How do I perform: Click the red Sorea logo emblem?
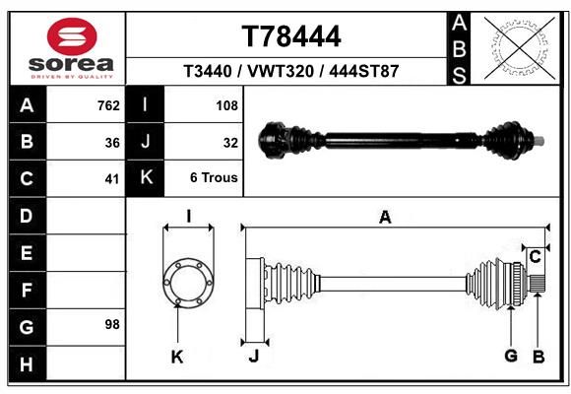[x=72, y=36]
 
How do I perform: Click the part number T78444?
[x=291, y=36]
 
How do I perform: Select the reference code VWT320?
[x=281, y=71]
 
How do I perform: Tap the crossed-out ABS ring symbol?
[x=521, y=47]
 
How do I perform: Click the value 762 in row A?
[x=108, y=105]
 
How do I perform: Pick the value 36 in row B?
[x=112, y=143]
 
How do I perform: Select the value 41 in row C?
[x=112, y=179]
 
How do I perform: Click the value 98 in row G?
[x=112, y=324]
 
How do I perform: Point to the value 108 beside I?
[x=226, y=105]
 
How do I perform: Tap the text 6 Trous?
[x=214, y=177]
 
